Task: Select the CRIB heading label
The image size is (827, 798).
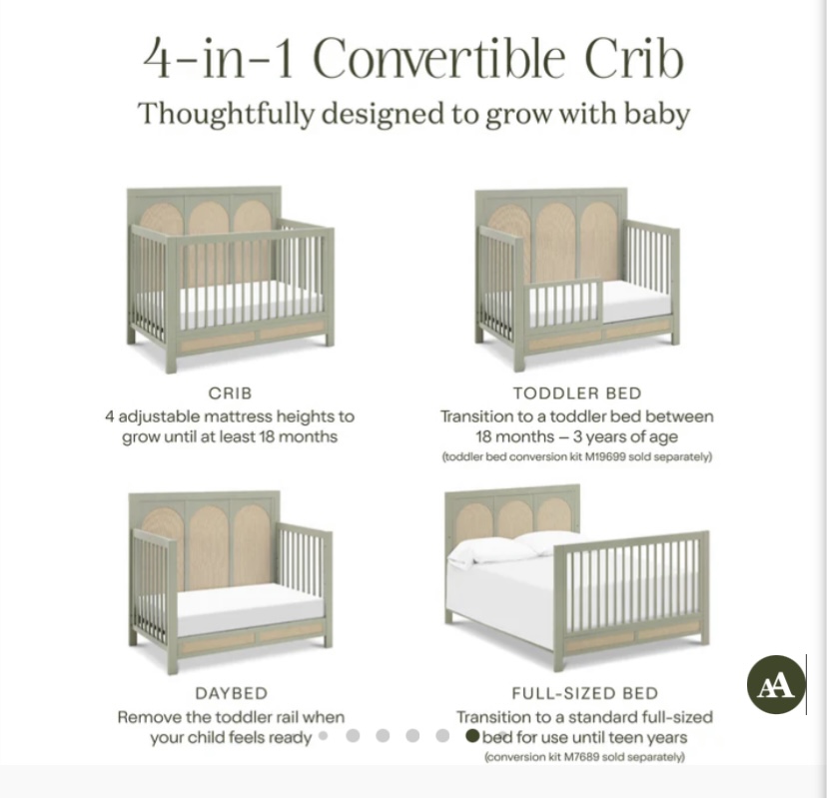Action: click(x=230, y=393)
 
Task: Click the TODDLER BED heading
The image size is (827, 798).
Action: click(x=577, y=393)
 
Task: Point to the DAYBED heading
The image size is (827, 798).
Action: click(x=232, y=693)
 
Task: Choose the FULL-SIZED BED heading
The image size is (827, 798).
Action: click(x=585, y=693)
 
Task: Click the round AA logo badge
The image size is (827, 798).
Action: click(x=776, y=684)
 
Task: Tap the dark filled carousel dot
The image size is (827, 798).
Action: click(x=472, y=736)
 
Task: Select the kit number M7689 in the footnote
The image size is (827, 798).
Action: click(x=581, y=757)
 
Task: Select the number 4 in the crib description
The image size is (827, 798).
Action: click(x=109, y=416)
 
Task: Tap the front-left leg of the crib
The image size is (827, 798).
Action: click(x=171, y=355)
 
